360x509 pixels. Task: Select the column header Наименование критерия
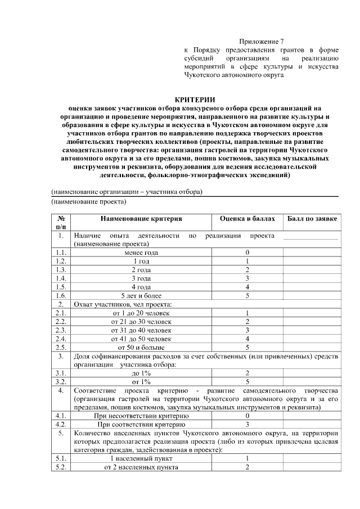point(141,218)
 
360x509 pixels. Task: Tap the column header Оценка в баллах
point(247,218)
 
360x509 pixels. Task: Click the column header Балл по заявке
point(310,218)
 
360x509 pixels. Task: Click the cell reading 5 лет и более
point(141,295)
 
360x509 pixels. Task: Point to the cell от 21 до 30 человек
point(141,322)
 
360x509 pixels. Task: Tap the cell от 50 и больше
point(141,347)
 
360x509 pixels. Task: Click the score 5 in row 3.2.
point(247,382)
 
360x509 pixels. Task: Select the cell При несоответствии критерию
point(141,416)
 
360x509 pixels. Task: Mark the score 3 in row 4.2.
point(247,425)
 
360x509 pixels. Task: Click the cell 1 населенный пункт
point(141,459)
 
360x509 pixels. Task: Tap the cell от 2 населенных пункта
point(141,467)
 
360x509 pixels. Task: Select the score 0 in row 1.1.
point(247,253)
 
